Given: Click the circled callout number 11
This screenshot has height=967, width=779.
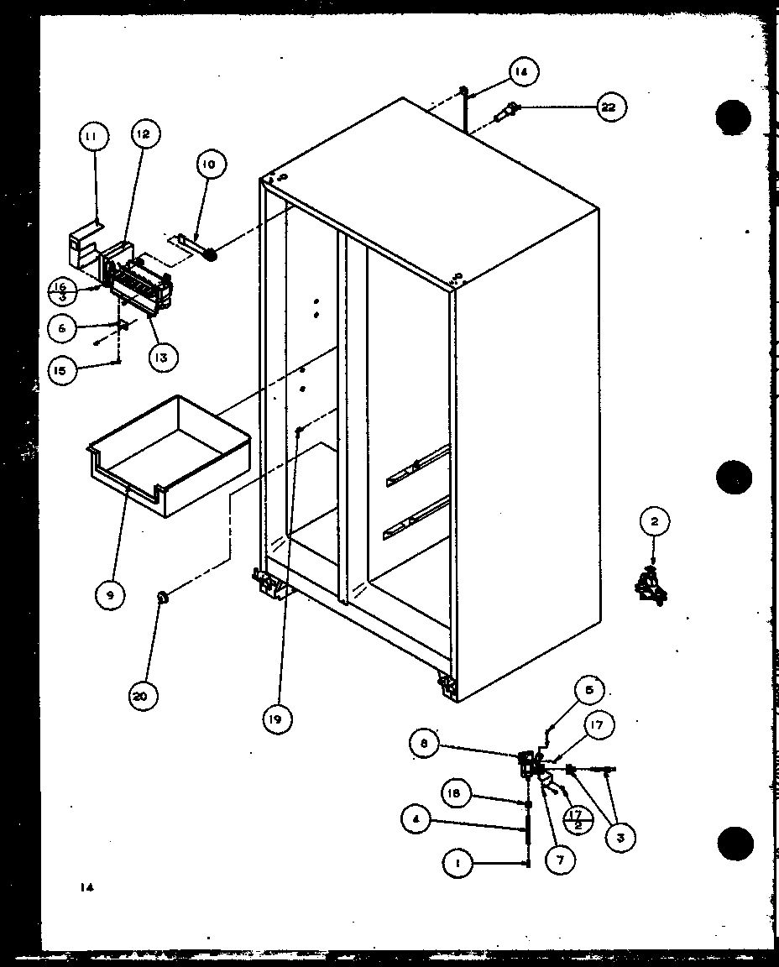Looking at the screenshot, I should tap(93, 136).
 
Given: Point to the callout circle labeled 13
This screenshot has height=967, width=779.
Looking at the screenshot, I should tap(160, 357).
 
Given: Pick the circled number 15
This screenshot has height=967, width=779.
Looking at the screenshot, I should tap(62, 370).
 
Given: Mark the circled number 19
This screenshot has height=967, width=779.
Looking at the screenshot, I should tap(277, 718).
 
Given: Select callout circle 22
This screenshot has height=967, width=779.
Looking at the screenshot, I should tap(611, 107).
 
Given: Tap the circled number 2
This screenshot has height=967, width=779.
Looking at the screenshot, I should tap(655, 522).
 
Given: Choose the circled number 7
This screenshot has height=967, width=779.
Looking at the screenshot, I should tap(559, 860).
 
